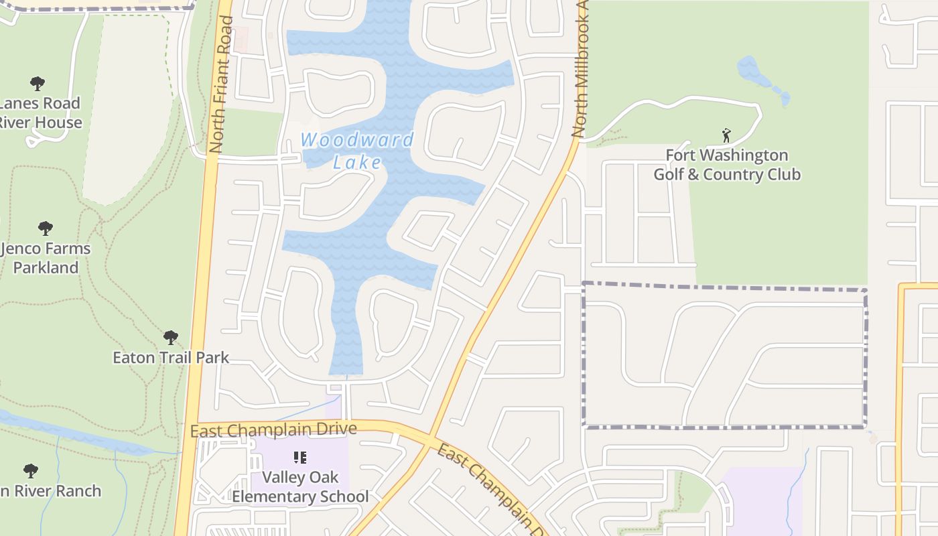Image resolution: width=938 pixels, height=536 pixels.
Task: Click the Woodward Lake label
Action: (357, 151)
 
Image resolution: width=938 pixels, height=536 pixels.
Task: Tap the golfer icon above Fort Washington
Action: (726, 135)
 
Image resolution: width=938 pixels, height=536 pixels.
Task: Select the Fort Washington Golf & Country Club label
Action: (727, 165)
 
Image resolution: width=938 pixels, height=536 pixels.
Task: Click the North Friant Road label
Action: (221, 84)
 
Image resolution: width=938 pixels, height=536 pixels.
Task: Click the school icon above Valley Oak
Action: (300, 458)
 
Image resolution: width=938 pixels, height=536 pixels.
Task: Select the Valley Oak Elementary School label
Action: (300, 487)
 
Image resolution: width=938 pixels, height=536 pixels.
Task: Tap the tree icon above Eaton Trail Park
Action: (171, 337)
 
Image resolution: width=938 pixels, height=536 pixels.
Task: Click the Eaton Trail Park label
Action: (171, 357)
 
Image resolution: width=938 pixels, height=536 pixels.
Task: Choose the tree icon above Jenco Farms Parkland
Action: (46, 228)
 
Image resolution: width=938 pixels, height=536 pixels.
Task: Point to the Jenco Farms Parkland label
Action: (46, 258)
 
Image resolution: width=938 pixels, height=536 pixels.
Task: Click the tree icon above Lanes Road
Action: (38, 84)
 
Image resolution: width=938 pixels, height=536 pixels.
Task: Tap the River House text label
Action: (40, 123)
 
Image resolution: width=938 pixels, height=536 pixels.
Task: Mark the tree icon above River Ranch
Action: (30, 470)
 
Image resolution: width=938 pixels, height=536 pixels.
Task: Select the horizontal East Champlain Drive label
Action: (273, 429)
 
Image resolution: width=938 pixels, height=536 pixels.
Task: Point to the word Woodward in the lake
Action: (357, 140)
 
